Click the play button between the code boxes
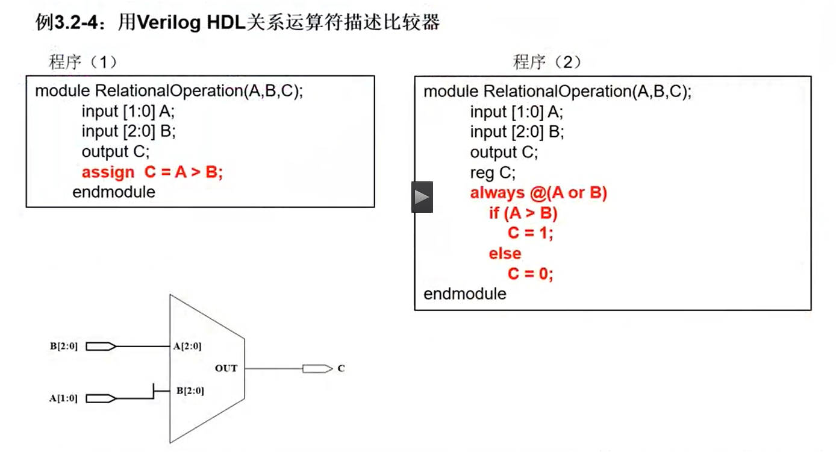422,196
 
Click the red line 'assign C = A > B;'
152,172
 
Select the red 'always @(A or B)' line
538,193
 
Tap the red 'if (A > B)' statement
523,213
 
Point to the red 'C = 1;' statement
530,233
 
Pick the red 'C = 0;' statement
530,274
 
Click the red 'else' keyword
505,253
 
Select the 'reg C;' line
493,173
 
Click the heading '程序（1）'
83,61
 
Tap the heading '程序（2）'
547,61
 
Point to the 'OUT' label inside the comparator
226,368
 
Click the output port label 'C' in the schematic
341,368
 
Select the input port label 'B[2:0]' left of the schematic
63,346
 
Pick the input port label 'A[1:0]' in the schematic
63,398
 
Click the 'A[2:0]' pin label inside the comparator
187,346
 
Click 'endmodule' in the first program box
114,192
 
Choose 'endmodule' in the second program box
465,293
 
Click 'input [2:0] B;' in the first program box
128,131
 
